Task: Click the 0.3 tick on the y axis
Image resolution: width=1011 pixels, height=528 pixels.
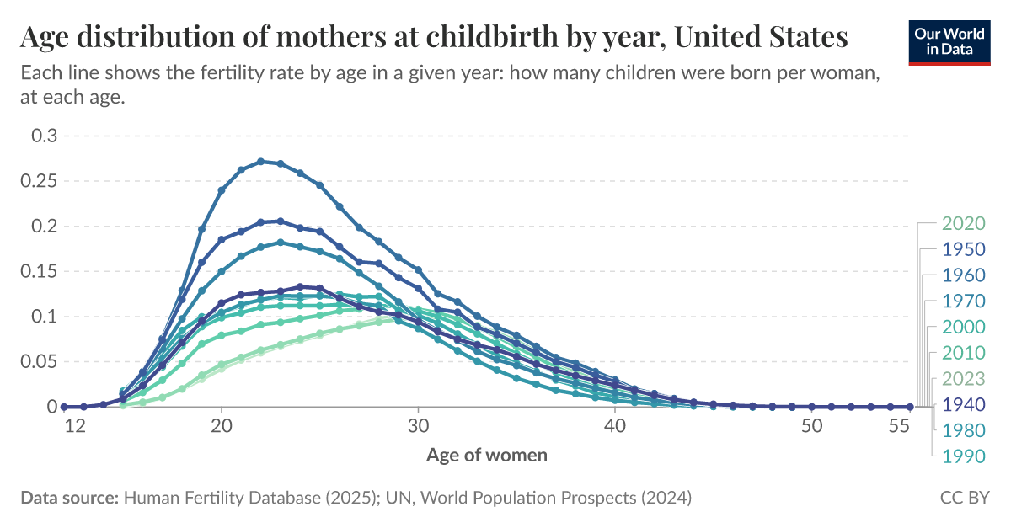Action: pyautogui.click(x=44, y=136)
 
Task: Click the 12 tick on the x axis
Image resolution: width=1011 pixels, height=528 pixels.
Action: pyautogui.click(x=75, y=426)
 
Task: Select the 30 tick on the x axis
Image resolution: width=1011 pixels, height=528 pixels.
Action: pyautogui.click(x=418, y=426)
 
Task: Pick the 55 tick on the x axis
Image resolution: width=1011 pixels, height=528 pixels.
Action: pyautogui.click(x=900, y=426)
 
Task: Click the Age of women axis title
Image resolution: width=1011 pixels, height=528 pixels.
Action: pyautogui.click(x=487, y=456)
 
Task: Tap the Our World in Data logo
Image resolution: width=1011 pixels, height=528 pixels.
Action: pyautogui.click(x=950, y=39)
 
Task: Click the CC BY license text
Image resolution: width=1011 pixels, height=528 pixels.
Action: pyautogui.click(x=965, y=498)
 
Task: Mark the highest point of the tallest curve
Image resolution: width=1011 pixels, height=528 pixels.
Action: pyautogui.click(x=260, y=161)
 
